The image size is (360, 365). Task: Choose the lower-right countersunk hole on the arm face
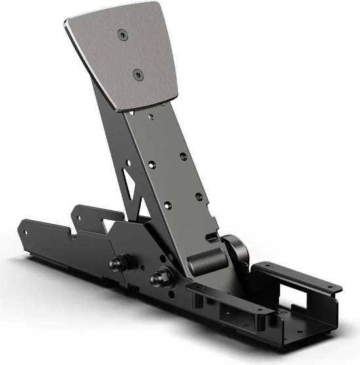[200, 196]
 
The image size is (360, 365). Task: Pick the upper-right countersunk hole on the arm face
[183, 156]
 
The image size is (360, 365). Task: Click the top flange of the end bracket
[298, 276]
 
